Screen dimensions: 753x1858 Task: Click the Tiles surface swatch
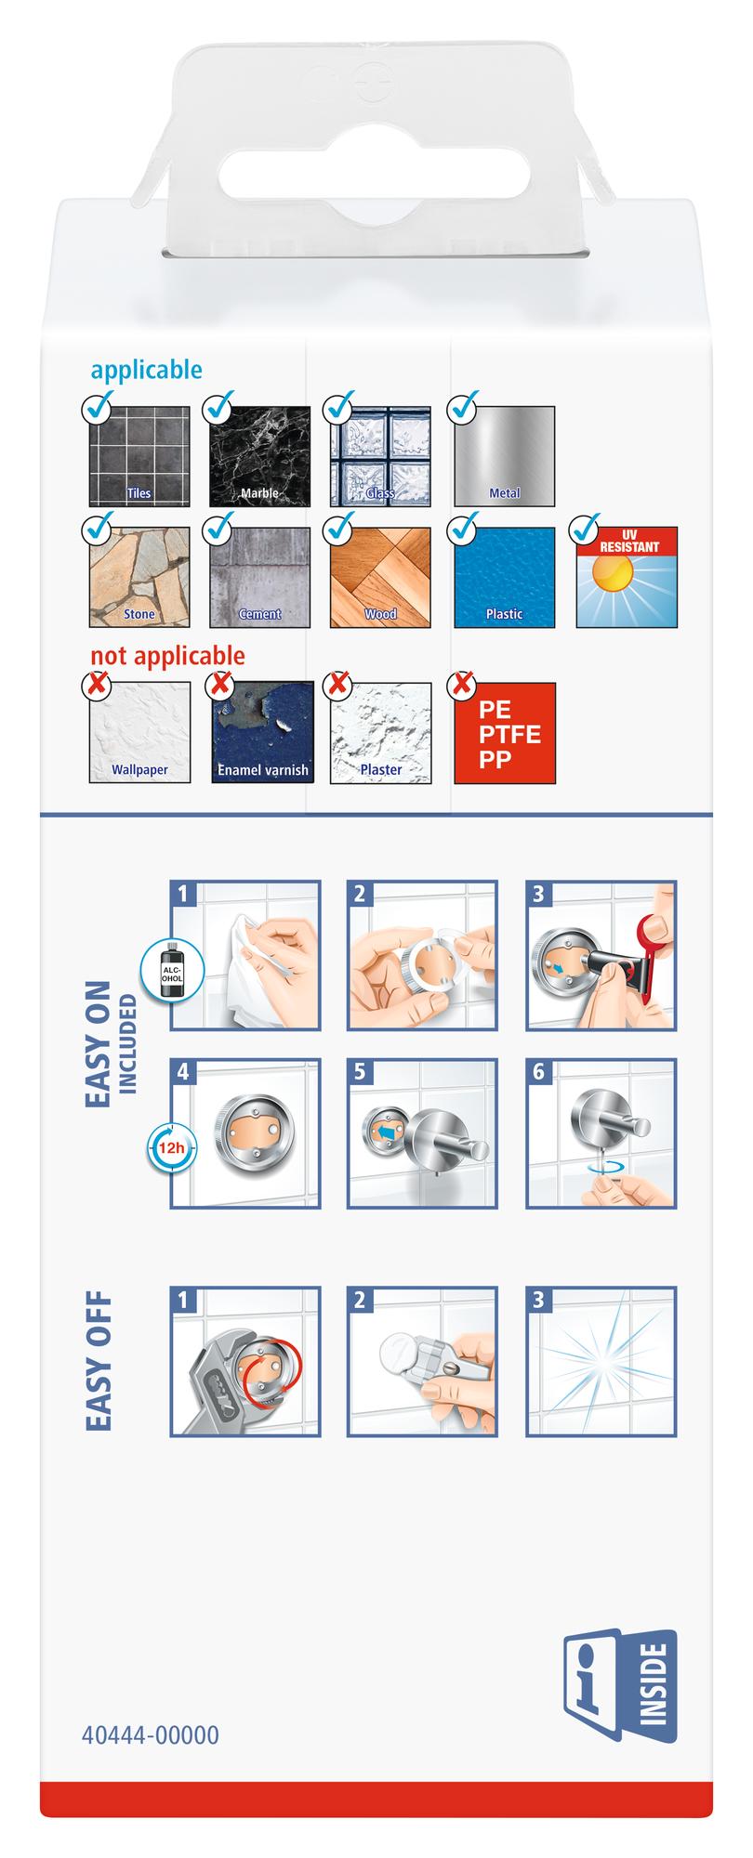tap(139, 456)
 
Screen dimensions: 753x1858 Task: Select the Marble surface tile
tap(261, 456)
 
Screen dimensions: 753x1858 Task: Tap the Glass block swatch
tap(381, 456)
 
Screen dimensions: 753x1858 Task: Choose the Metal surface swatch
tap(505, 456)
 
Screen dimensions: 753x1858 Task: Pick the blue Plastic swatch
tap(505, 577)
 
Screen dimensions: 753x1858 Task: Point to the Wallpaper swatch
tap(139, 733)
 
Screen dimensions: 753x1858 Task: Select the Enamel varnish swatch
tap(261, 733)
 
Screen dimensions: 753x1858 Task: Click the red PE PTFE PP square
tap(505, 733)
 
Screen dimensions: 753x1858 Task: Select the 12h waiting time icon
tap(170, 1146)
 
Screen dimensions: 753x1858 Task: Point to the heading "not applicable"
tap(168, 656)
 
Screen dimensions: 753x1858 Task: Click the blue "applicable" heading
tap(146, 370)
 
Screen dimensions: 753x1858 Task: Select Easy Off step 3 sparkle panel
tap(601, 1362)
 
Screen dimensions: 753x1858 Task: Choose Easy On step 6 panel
tap(601, 1133)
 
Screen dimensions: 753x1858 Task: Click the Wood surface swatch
tap(381, 577)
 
